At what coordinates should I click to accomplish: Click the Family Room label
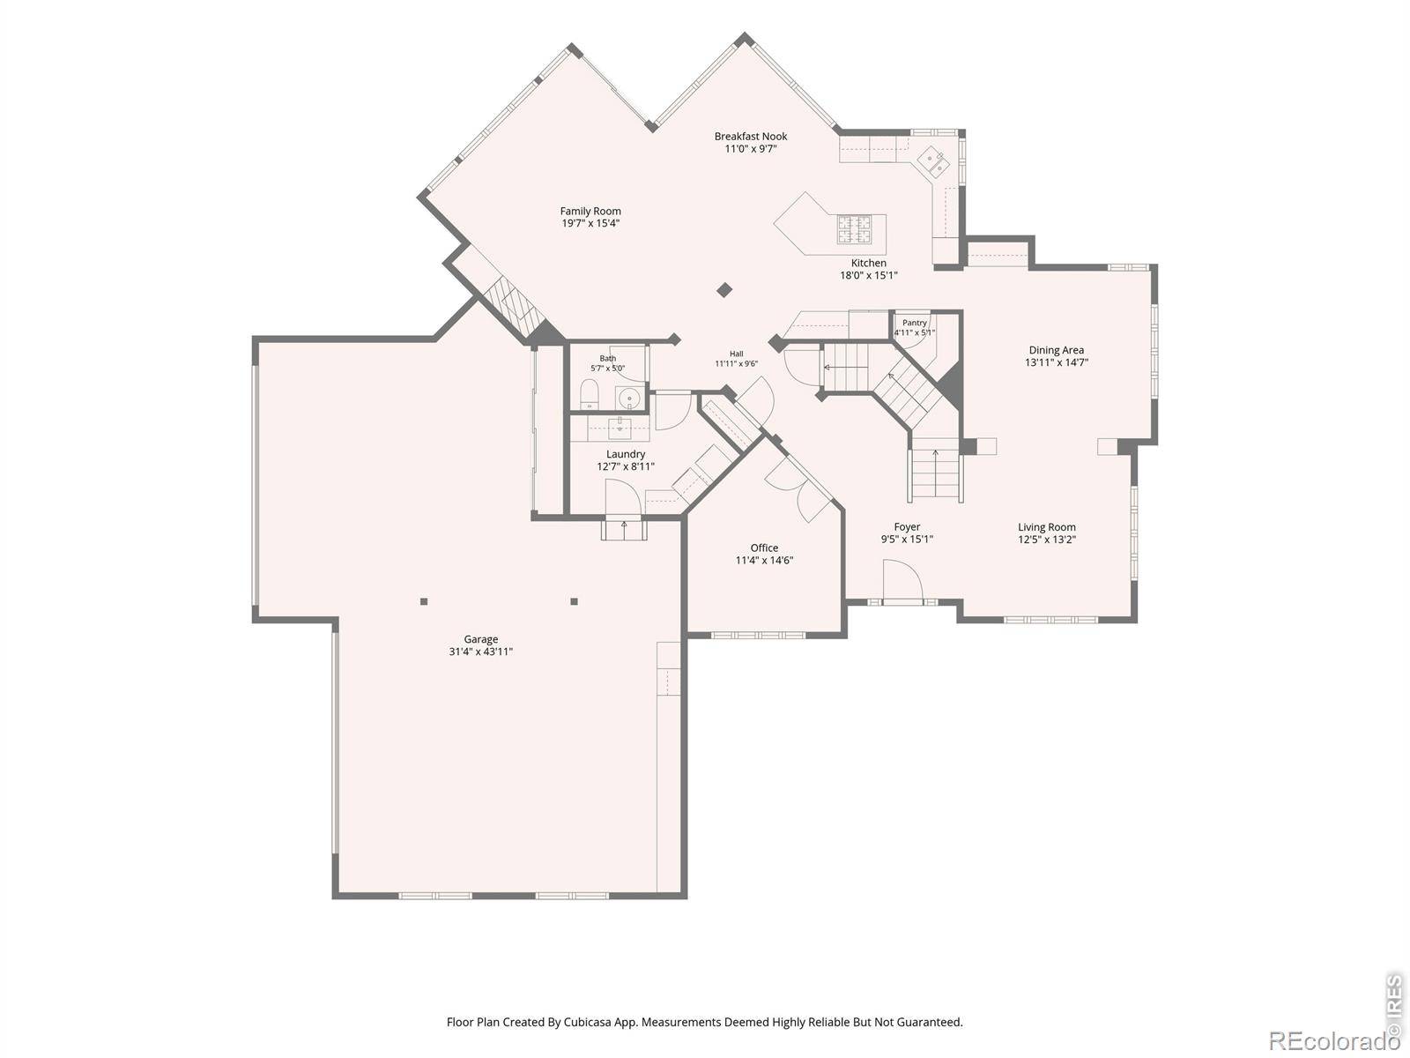click(590, 211)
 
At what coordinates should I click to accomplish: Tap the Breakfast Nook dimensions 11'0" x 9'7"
click(751, 149)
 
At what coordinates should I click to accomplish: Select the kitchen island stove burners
click(854, 229)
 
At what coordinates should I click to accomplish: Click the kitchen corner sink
click(932, 161)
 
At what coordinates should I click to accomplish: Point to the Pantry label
click(914, 323)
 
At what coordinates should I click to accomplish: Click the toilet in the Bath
click(589, 393)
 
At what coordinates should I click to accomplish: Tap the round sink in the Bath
click(629, 398)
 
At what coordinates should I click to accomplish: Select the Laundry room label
click(626, 454)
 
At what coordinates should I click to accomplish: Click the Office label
click(764, 548)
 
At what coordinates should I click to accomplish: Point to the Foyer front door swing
click(902, 581)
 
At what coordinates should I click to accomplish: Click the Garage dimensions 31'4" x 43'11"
click(480, 652)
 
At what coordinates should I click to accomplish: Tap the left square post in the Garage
click(424, 602)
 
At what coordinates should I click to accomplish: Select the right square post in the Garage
click(575, 602)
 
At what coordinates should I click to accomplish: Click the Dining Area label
click(1056, 350)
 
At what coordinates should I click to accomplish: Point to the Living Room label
click(1046, 527)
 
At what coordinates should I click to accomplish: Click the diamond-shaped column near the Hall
click(724, 290)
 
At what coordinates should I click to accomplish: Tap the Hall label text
click(736, 354)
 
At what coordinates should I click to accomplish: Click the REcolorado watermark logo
click(1335, 1038)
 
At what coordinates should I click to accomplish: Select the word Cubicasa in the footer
click(588, 1022)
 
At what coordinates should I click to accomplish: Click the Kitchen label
click(869, 263)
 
